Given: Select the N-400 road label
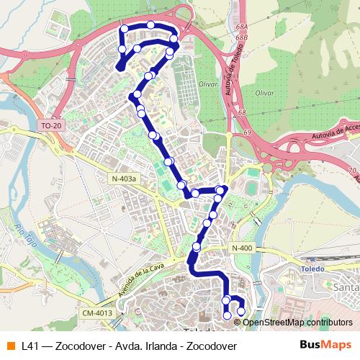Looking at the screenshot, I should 242,248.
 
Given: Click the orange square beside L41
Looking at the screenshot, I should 10,345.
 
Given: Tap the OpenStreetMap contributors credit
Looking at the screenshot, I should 287,322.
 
